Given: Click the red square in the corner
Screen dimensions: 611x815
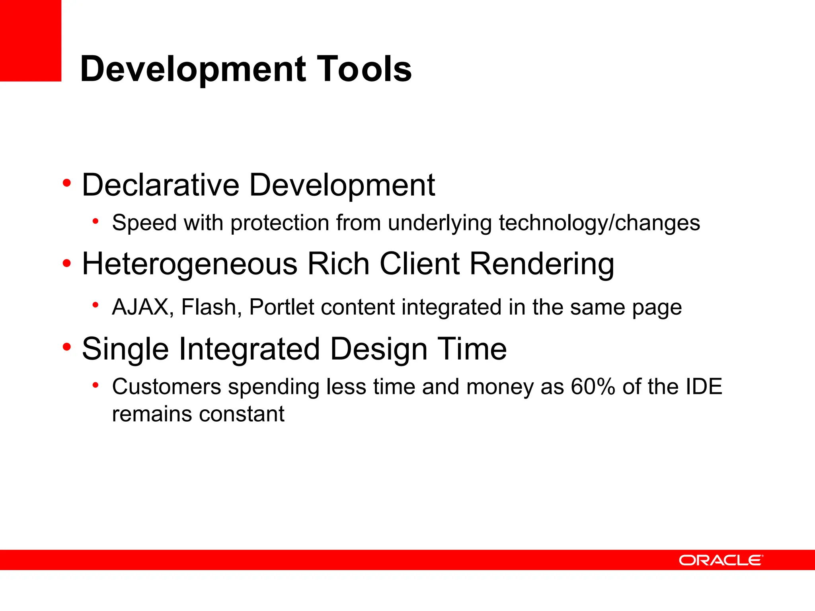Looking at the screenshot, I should point(30,40).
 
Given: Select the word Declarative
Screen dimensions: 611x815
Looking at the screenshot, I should point(160,185).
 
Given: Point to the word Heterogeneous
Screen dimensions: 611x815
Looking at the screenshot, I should point(189,264).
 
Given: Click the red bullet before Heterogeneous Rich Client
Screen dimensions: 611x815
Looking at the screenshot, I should point(66,263).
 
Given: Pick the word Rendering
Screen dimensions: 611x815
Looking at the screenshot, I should point(542,264).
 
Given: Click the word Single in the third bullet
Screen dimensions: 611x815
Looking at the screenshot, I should point(125,349).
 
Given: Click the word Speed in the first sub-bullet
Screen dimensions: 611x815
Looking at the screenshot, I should point(144,223).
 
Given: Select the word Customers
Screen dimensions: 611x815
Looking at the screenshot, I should point(166,387).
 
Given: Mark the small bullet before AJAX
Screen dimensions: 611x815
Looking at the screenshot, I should point(95,305).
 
